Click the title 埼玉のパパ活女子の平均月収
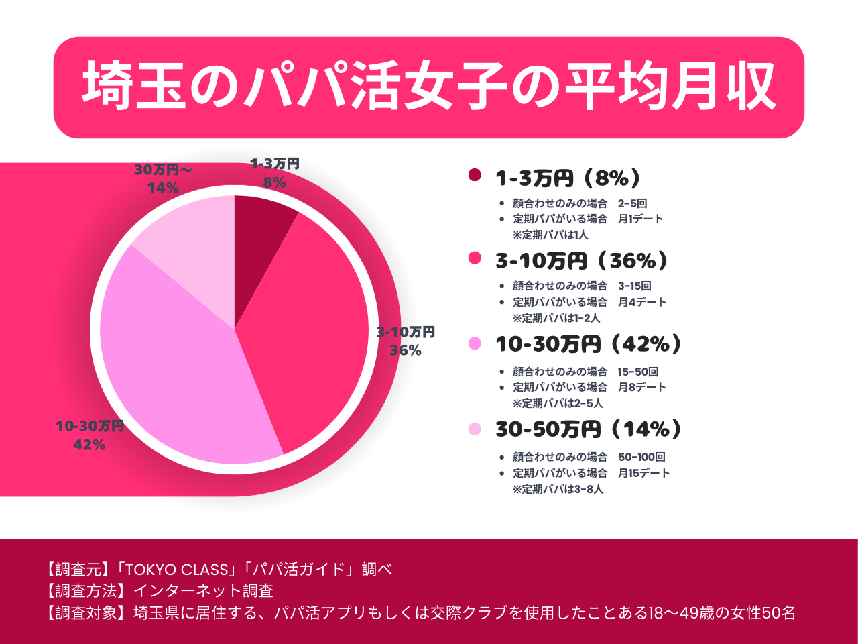(429, 87)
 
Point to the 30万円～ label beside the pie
(163, 170)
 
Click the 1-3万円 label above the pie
(275, 164)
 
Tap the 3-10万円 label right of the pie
(406, 332)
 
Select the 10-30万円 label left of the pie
(89, 427)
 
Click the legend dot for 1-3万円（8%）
(475, 175)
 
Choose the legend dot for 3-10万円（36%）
(475, 258)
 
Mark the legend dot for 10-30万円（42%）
(475, 343)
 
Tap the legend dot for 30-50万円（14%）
(475, 429)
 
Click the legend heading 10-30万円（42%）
(589, 344)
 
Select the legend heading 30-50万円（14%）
(589, 429)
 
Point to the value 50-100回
(641, 457)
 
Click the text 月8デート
(641, 387)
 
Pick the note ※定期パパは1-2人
(556, 318)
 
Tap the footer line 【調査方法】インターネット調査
(159, 591)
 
